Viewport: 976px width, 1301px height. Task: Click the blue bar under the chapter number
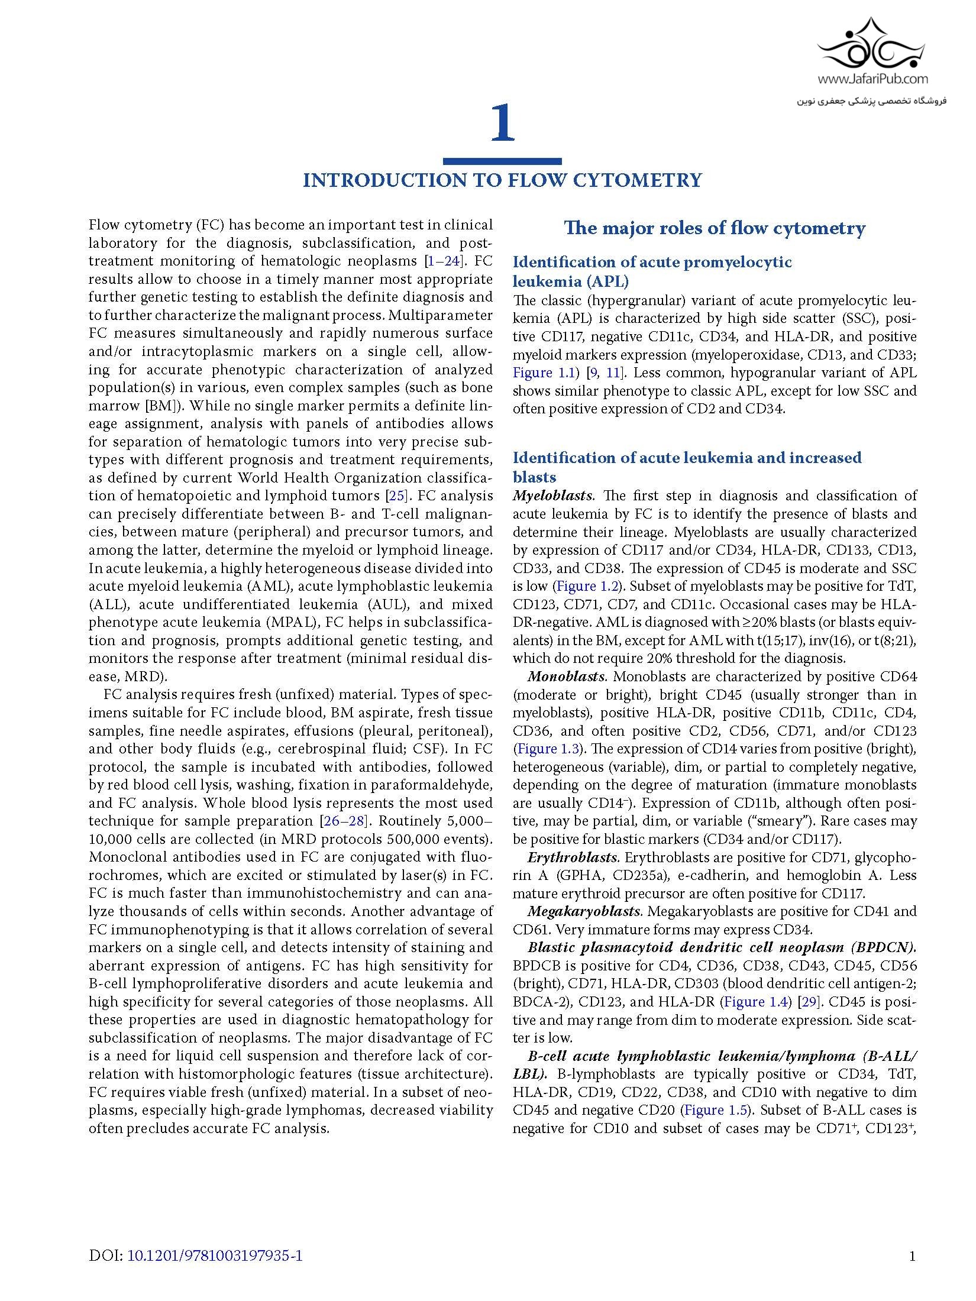[x=502, y=161]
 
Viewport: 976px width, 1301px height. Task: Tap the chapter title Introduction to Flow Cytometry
[x=502, y=180]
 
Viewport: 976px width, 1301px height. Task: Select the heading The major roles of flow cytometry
[x=715, y=228]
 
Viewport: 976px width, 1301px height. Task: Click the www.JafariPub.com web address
[x=873, y=79]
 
